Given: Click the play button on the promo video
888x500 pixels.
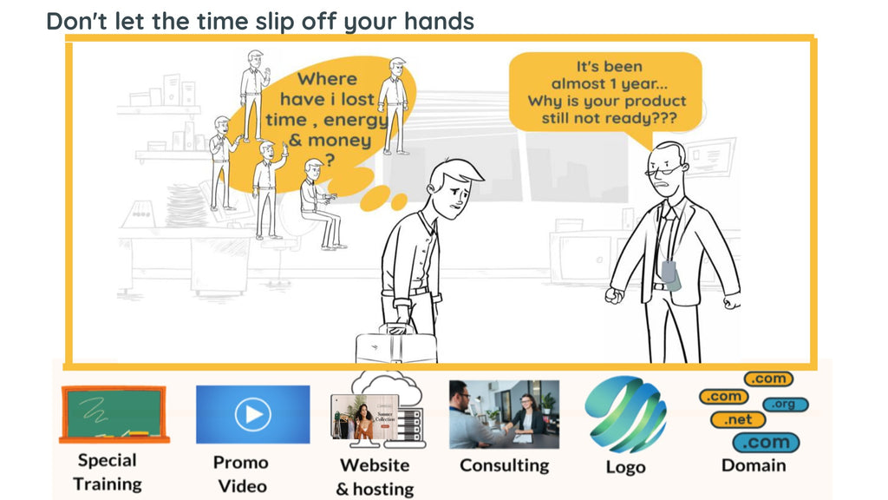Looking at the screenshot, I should pyautogui.click(x=252, y=414).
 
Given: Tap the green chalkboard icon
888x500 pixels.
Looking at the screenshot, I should pyautogui.click(x=112, y=413).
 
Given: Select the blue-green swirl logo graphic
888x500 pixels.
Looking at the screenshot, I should pyautogui.click(x=625, y=413).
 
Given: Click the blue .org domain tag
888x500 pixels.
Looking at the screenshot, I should pyautogui.click(x=786, y=405).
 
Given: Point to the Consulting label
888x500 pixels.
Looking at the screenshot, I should pyautogui.click(x=504, y=465).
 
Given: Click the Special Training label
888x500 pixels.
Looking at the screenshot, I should pyautogui.click(x=108, y=472).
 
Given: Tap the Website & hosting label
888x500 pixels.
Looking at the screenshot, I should pyautogui.click(x=375, y=477).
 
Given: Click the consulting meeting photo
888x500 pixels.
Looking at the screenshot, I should pyautogui.click(x=504, y=413).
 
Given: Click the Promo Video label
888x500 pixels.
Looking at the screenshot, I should pyautogui.click(x=241, y=474).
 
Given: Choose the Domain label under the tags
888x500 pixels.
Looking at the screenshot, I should pyautogui.click(x=754, y=465).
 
